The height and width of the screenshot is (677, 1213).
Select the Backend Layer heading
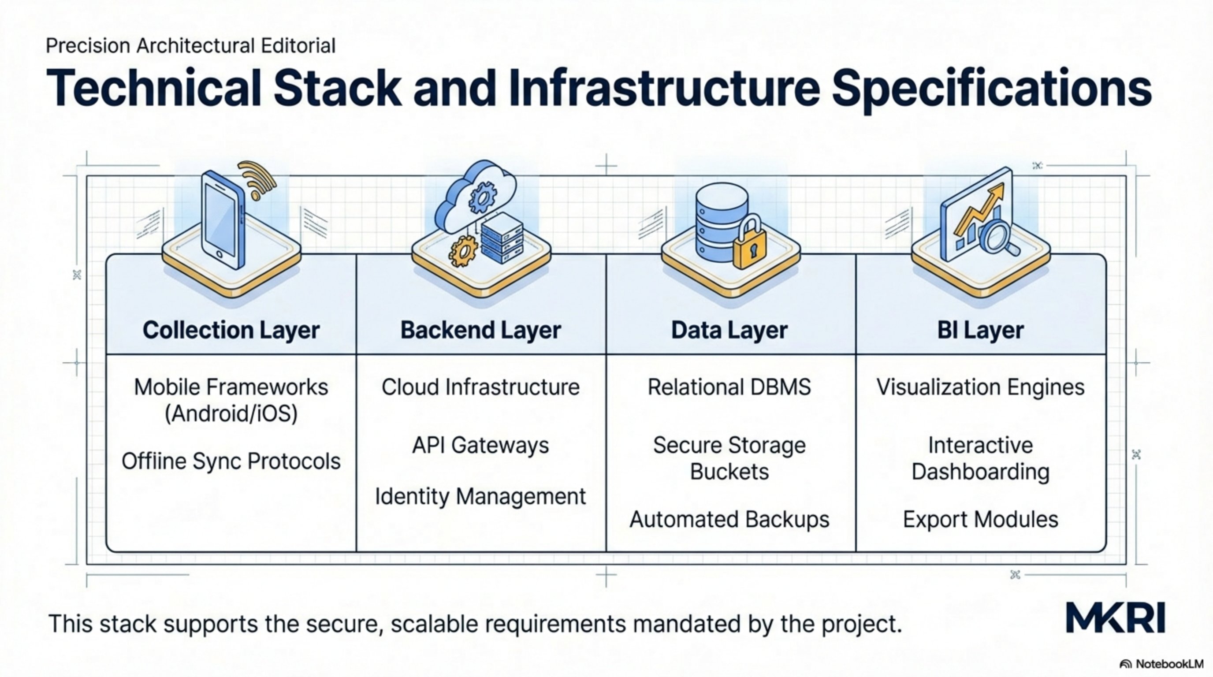click(x=480, y=330)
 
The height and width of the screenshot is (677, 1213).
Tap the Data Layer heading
click(x=729, y=330)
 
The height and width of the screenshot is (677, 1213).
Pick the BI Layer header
click(x=980, y=330)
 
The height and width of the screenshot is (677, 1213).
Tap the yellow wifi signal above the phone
click(x=257, y=179)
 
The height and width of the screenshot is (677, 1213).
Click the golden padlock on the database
click(x=750, y=245)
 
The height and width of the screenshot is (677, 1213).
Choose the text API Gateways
click(x=480, y=445)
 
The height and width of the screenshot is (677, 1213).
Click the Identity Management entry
click(x=480, y=496)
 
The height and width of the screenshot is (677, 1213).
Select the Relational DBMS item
click(x=729, y=387)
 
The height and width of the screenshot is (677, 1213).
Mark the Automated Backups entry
click(x=729, y=519)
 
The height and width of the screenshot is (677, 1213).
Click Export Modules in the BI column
click(x=980, y=519)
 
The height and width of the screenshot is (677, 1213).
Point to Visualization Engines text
click(x=980, y=387)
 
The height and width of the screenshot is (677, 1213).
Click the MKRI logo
click(x=1115, y=617)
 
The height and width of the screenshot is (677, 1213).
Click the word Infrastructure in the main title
click(x=664, y=88)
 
